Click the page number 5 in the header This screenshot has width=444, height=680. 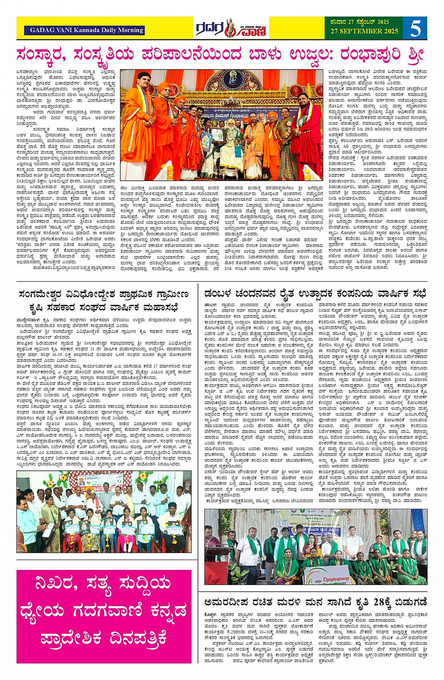[415, 28]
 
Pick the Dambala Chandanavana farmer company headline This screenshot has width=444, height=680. [315, 294]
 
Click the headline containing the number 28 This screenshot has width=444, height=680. [315, 602]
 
